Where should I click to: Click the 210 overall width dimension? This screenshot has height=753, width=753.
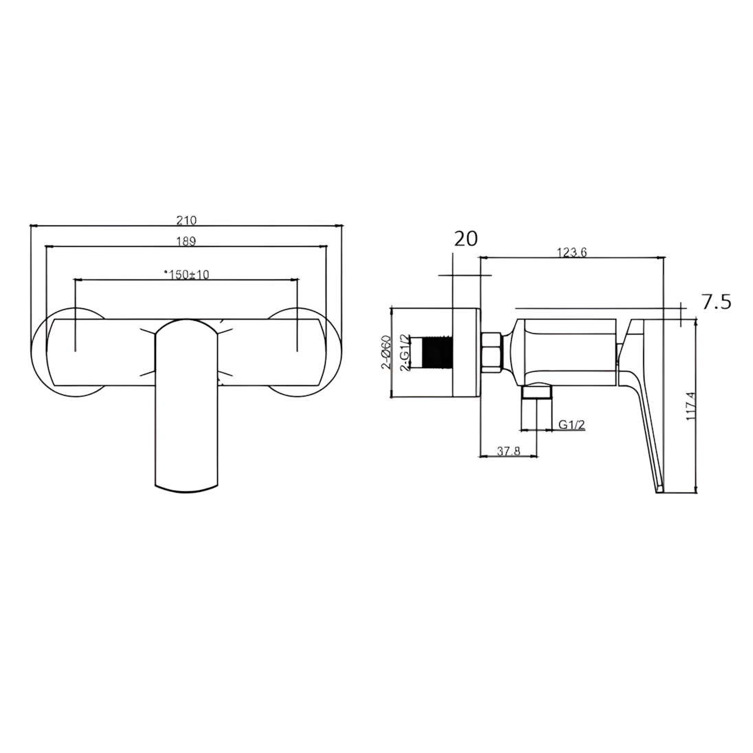click(x=186, y=221)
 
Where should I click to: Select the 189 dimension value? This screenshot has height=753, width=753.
click(x=186, y=241)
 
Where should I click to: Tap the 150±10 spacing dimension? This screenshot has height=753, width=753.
click(x=186, y=274)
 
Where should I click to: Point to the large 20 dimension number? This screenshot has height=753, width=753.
click(x=466, y=238)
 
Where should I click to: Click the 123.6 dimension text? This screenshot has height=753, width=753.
click(x=572, y=252)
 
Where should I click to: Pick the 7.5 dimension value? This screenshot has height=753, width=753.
click(x=717, y=302)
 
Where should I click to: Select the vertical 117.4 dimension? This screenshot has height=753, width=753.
click(x=691, y=406)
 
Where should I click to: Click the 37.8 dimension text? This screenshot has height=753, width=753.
click(x=508, y=451)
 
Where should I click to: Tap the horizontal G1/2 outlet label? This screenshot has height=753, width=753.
click(x=572, y=425)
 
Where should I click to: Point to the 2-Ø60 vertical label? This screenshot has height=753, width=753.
click(x=386, y=352)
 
